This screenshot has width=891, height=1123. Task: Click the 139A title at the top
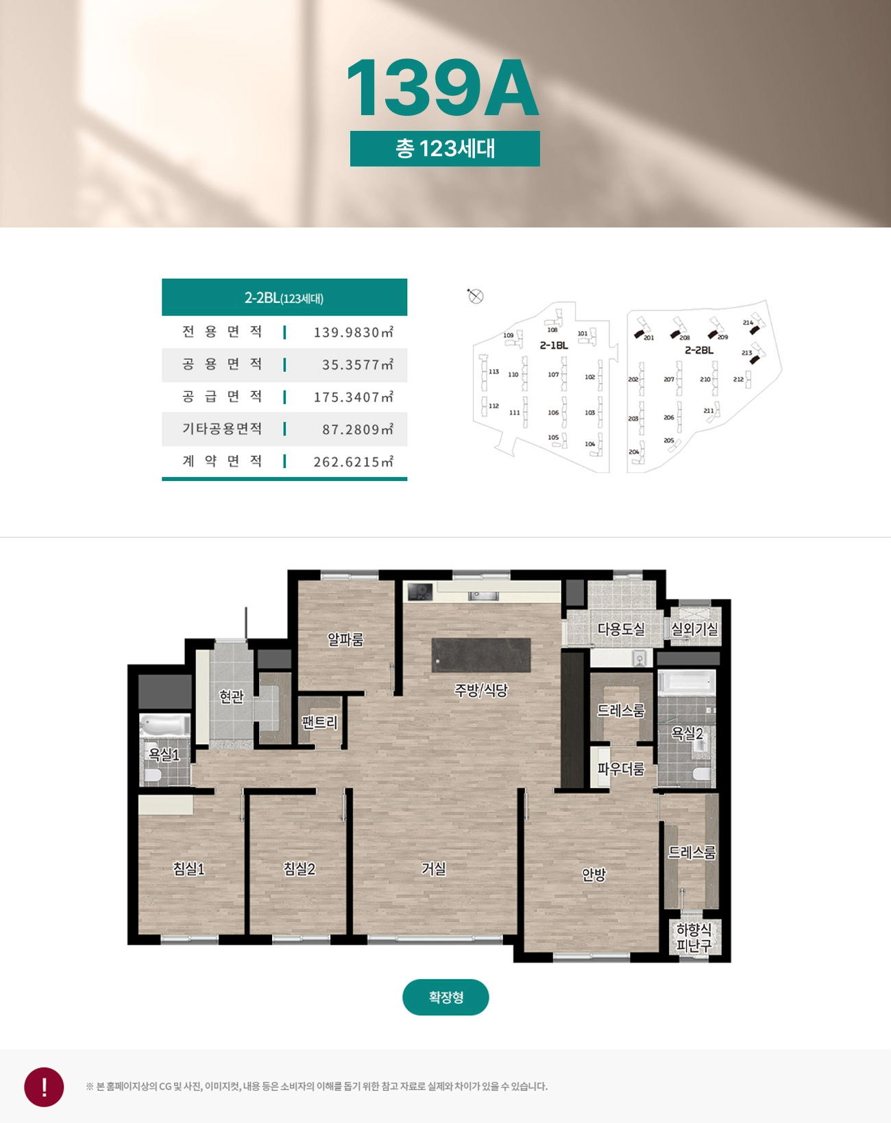click(x=443, y=88)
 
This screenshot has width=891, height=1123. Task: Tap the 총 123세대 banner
click(x=445, y=149)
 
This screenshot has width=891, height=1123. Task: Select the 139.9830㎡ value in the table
click(x=354, y=332)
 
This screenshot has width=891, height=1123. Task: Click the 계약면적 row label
click(x=222, y=461)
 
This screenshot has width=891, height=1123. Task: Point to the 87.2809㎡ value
click(x=358, y=430)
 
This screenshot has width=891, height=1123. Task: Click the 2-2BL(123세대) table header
click(x=284, y=297)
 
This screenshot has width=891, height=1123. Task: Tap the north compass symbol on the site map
click(x=475, y=296)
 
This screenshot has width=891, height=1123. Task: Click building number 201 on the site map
click(x=649, y=338)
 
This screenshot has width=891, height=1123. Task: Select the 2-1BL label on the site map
click(x=554, y=345)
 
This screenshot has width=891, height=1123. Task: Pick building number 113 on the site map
click(x=493, y=371)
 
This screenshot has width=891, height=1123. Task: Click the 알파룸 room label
click(x=345, y=639)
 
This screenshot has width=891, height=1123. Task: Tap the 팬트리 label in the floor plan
click(x=320, y=723)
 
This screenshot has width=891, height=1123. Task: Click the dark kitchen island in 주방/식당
click(x=481, y=655)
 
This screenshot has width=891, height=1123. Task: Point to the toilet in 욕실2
click(x=702, y=774)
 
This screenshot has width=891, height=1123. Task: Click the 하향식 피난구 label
click(x=694, y=937)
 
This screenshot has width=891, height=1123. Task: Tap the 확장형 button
click(x=445, y=997)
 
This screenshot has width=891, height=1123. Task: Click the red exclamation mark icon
click(x=45, y=1087)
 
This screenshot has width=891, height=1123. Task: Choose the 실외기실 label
click(x=694, y=629)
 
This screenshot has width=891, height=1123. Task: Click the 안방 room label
click(x=594, y=874)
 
